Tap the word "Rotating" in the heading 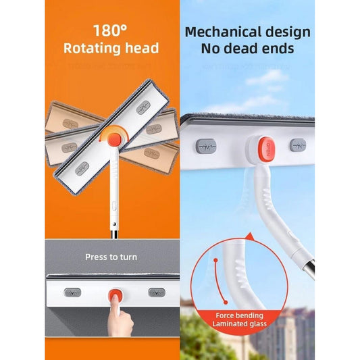(x=92, y=48)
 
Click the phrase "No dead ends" (x=248, y=49)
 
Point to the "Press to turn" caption (x=111, y=257)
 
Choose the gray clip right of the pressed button (x=156, y=293)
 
